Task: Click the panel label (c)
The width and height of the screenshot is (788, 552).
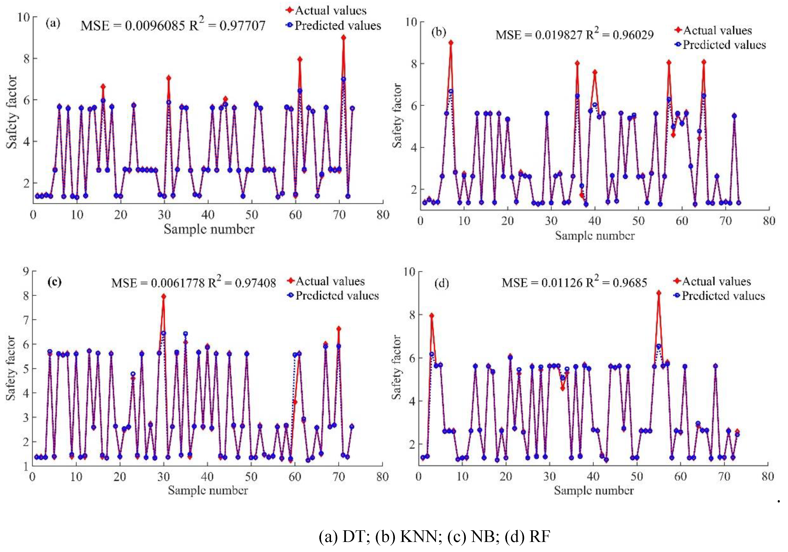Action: tap(55, 282)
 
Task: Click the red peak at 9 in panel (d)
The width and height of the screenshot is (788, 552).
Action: tap(659, 293)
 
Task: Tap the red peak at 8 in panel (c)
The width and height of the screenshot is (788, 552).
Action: tap(164, 296)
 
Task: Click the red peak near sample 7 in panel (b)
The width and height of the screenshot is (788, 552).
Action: tap(451, 42)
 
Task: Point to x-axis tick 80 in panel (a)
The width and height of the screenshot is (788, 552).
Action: tap(383, 215)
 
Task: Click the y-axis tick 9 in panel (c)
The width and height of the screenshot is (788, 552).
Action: tap(26, 271)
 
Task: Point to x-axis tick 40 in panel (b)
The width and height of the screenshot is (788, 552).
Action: tap(594, 221)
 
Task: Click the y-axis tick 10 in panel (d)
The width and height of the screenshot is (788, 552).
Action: tap(409, 272)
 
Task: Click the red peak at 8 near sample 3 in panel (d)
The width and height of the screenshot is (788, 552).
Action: tap(431, 315)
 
